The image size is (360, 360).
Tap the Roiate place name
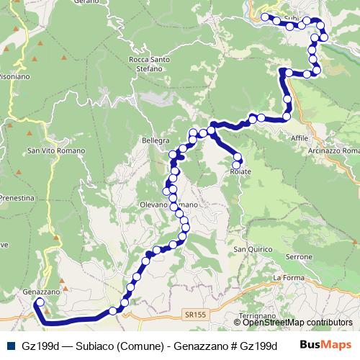(240, 172)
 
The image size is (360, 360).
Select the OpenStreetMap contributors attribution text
(297, 323)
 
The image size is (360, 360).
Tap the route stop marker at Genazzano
(40, 303)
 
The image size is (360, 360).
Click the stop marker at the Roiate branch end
(236, 165)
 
